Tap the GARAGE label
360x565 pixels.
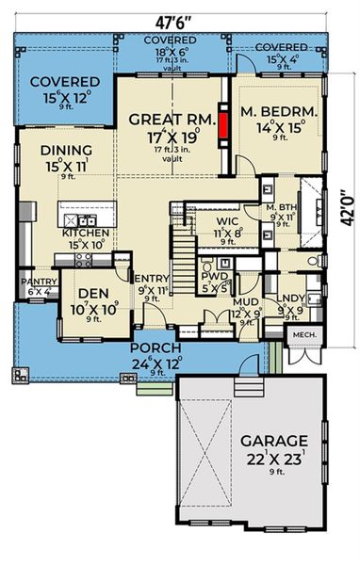point(272,440)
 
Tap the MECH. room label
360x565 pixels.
point(303,334)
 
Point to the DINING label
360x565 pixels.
point(66,150)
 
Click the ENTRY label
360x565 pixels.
point(150,280)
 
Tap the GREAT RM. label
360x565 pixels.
point(172,120)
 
